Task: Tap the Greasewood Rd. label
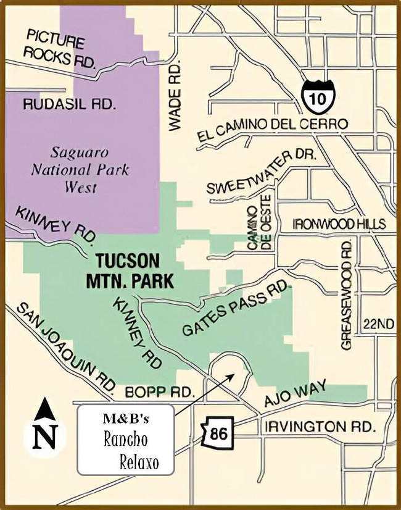point(347,295)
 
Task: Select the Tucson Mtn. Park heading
point(129,269)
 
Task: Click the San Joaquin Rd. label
point(66,346)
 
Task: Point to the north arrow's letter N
point(44,436)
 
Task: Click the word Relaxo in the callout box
point(139,463)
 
